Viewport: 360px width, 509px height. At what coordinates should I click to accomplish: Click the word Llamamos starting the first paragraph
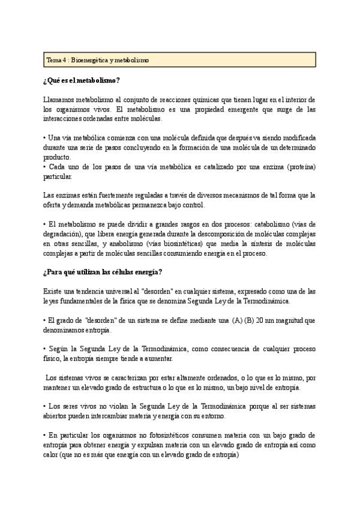[60, 99]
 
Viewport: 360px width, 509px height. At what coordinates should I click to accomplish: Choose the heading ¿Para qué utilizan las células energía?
[103, 273]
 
